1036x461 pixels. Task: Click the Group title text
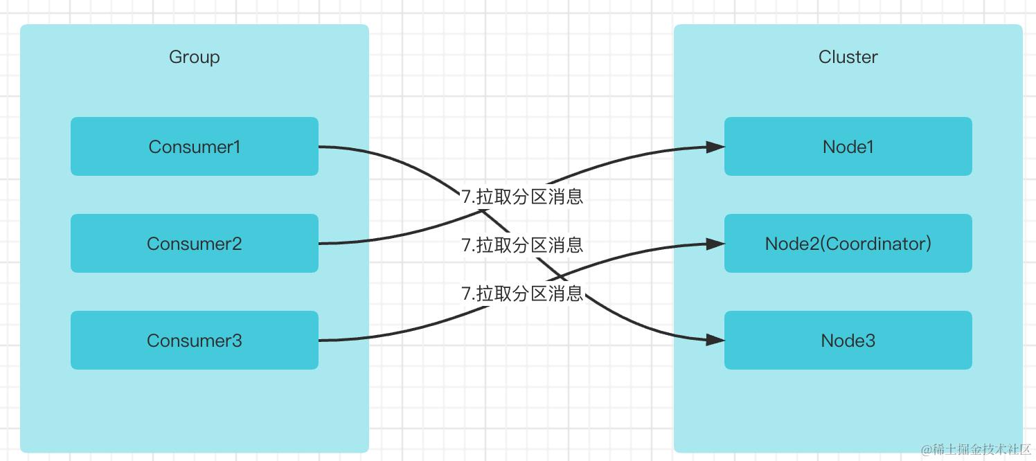pos(194,57)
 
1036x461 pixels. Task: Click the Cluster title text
pos(848,57)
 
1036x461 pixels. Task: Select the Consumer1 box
pos(194,146)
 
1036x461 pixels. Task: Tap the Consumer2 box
pos(194,243)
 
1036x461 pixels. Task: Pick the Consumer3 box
pos(194,340)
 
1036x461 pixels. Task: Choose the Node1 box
pos(848,146)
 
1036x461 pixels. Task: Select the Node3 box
pos(848,340)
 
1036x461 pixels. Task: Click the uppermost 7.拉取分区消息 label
pos(522,197)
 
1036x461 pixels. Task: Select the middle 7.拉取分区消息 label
pos(522,244)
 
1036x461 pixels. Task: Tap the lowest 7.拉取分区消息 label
pos(522,293)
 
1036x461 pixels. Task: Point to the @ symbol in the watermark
pos(927,449)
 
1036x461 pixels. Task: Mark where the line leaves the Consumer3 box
pos(320,340)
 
